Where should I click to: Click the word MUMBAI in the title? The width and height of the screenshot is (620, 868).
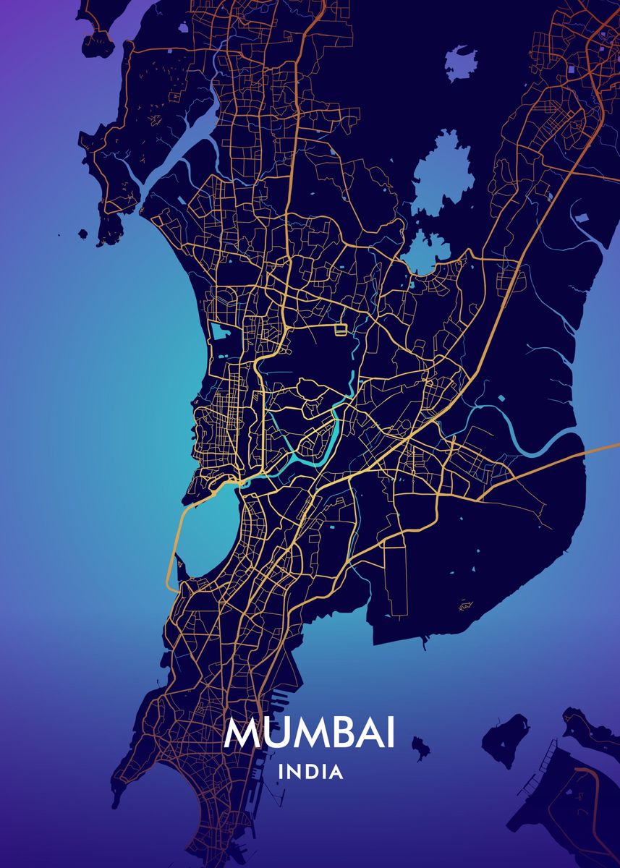(310, 733)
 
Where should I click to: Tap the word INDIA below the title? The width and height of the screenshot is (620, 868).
(310, 773)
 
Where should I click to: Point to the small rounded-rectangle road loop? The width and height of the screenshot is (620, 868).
(341, 331)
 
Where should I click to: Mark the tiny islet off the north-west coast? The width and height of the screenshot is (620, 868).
(83, 234)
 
